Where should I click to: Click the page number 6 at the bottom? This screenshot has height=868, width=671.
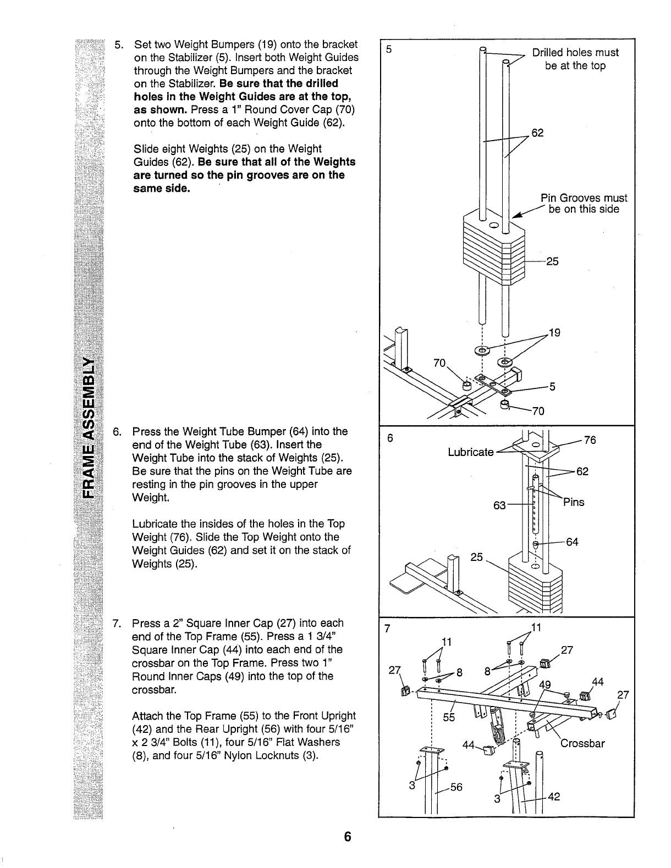coord(347,837)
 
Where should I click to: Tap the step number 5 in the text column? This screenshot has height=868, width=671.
coord(117,44)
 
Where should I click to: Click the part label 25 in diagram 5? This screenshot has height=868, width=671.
coord(552,261)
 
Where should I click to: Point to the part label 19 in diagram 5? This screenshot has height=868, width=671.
coord(554,332)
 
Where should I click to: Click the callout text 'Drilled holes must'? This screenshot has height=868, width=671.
coord(575,53)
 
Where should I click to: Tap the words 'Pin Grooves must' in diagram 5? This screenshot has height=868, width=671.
coord(584,198)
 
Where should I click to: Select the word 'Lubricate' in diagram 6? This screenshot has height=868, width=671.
coord(471,452)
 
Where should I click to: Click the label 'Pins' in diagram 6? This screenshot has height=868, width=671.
coord(573,502)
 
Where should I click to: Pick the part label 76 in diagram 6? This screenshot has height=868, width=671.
coord(590,440)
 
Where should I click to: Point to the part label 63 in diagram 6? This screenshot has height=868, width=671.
coord(499,505)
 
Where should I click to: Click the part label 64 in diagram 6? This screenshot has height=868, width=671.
coord(572,543)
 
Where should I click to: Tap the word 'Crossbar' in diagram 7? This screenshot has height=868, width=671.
coord(582,744)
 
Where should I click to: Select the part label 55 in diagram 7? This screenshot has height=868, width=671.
coord(449,717)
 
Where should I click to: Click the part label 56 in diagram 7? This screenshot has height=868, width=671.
coord(456,787)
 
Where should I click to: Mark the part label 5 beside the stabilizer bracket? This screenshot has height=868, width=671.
coord(553,387)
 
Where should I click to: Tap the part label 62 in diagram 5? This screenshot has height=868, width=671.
coord(537,132)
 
